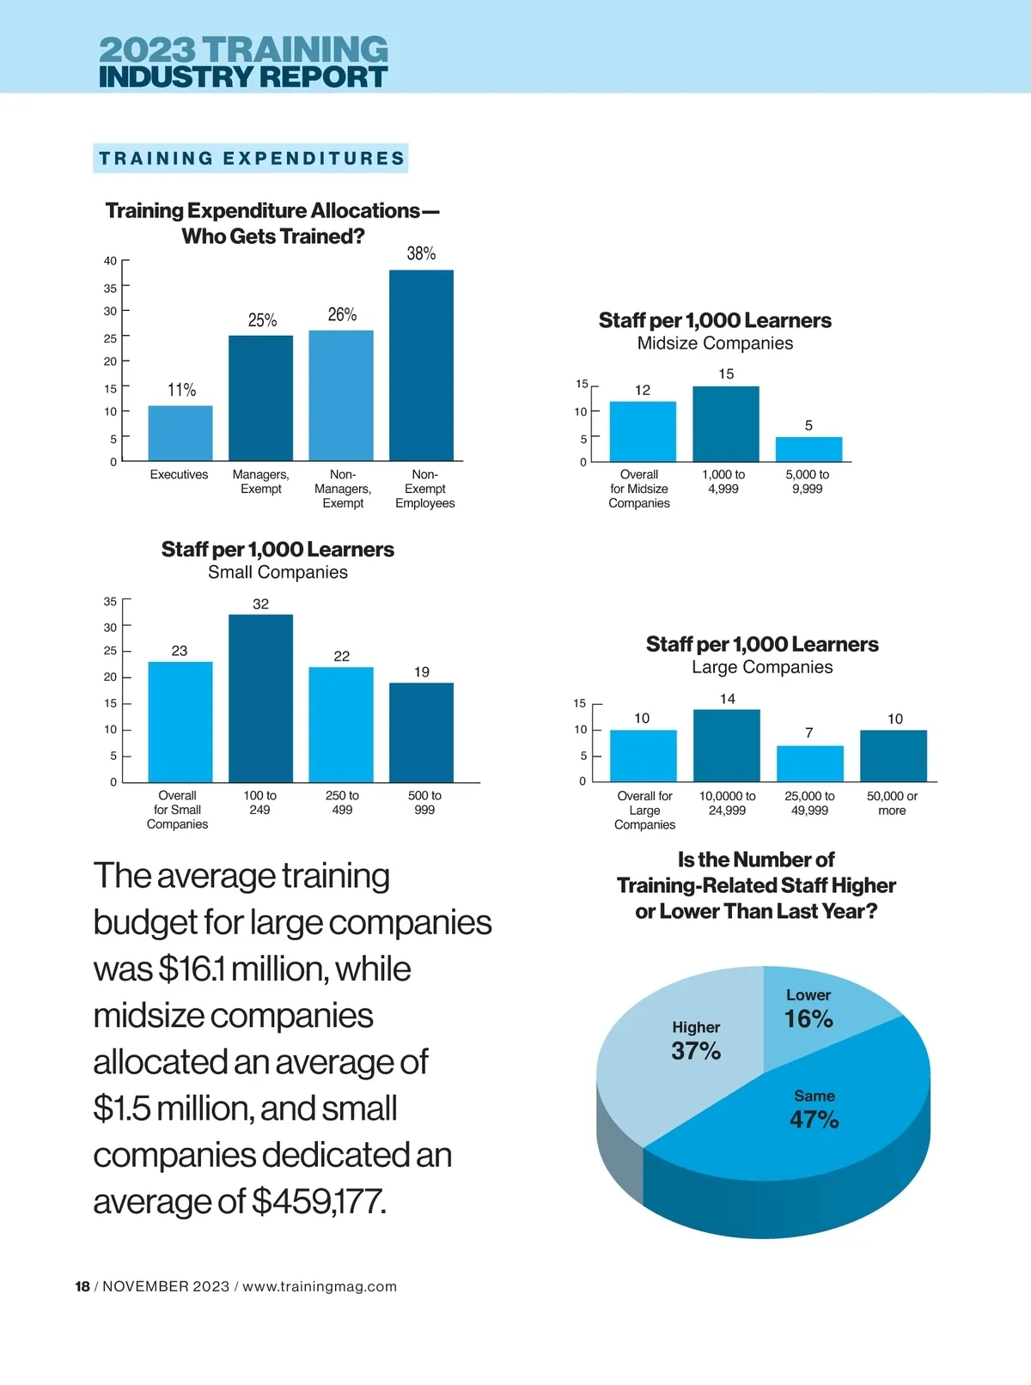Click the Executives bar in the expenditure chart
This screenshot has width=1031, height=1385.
180,433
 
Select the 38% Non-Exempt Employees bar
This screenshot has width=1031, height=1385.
421,365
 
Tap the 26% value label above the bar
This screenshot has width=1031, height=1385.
342,314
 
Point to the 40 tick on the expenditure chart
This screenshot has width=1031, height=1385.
111,261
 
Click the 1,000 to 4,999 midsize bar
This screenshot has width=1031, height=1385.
726,424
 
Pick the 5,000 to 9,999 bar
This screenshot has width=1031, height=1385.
808,449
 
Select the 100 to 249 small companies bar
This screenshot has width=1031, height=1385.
260,698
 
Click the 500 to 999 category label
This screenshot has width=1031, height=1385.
424,803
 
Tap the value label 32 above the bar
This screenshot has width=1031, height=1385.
260,604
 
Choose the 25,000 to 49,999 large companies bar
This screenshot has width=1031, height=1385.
809,763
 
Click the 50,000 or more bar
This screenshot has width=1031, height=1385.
893,756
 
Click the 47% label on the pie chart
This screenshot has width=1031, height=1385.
814,1120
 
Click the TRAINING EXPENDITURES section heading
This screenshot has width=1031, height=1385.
251,158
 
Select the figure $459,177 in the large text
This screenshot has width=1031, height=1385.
318,1201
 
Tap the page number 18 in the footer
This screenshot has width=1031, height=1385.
82,1286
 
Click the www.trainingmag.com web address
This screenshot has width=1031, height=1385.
320,1286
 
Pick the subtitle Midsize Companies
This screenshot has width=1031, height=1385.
715,343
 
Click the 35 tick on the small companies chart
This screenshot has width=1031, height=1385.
111,602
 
